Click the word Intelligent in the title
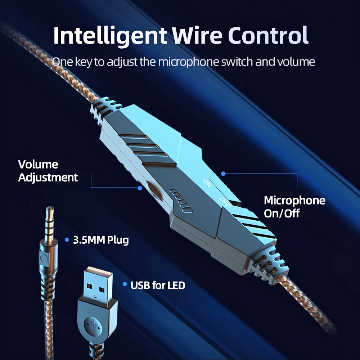coord(110,36)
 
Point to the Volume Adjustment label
coord(48,171)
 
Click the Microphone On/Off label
coord(294,207)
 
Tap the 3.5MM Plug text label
coord(101,240)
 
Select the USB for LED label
coord(158,285)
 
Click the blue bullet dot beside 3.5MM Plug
coord(67,240)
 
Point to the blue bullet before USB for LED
coord(125,284)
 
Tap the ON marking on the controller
coord(207,183)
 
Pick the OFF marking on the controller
coord(225,202)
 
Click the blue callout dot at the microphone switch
coord(223,174)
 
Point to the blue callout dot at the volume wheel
coord(140,188)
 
